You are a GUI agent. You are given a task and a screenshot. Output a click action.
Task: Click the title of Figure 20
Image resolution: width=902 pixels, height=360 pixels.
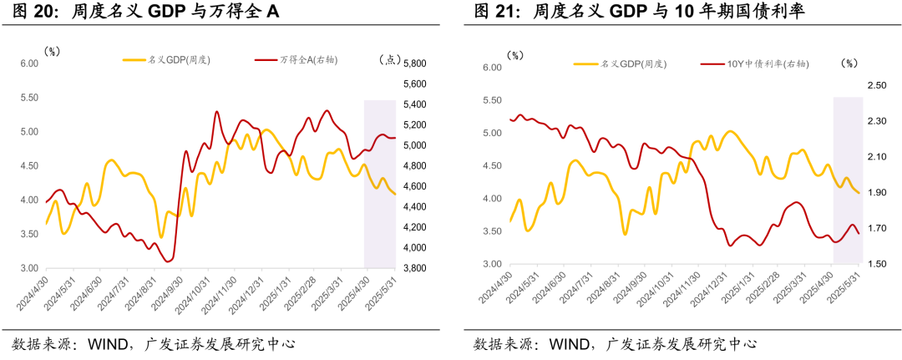145,12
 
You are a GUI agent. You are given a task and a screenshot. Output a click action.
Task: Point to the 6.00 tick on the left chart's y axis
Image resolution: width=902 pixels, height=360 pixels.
29,63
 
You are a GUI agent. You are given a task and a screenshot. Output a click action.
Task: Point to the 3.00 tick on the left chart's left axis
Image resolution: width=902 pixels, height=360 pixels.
29,268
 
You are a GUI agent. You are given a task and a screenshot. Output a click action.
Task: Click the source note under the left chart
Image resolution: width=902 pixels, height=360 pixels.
154,342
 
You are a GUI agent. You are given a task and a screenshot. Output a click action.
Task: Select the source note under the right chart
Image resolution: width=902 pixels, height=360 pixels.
615,342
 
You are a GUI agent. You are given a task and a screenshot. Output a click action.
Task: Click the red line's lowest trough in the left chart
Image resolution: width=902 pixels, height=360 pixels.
169,261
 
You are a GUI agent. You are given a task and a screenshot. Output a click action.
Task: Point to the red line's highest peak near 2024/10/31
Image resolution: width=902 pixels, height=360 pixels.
216,111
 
